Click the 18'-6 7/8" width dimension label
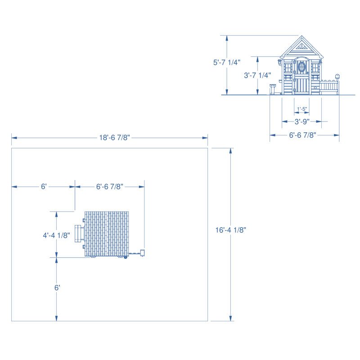[114, 138]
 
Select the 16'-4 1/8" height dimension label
[230, 230]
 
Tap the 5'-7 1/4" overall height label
[227, 62]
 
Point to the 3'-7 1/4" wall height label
[257, 75]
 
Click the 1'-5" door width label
[302, 109]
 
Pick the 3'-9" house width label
[302, 121]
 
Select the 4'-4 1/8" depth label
[57, 235]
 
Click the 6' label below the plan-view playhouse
[57, 288]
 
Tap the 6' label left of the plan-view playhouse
[44, 186]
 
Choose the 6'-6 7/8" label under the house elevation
[302, 135]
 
